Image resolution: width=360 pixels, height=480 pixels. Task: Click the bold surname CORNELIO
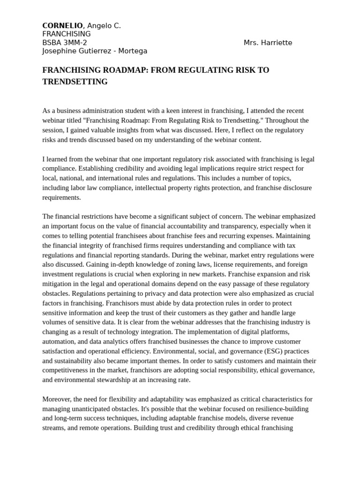62,26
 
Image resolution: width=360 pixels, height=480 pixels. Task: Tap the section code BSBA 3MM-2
64,43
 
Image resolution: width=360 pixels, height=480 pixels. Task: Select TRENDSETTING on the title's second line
75,82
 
